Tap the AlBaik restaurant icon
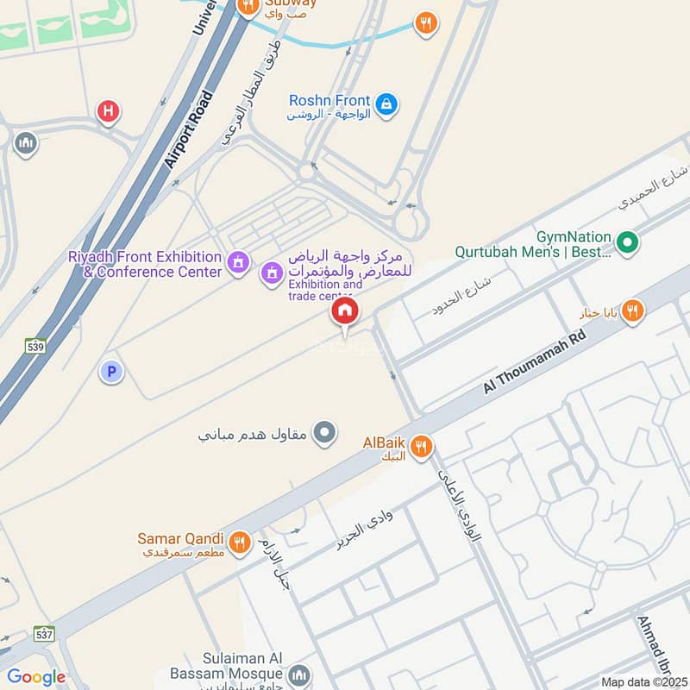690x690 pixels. [x=422, y=446]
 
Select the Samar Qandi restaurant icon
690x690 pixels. [x=240, y=541]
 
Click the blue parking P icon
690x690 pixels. [x=110, y=372]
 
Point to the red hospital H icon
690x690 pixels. [x=108, y=110]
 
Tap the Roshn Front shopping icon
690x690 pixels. [x=387, y=103]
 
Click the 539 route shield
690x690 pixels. [x=35, y=345]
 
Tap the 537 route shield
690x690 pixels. [x=45, y=634]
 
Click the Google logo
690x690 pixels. [x=36, y=677]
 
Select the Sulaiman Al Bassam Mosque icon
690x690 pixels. [x=300, y=674]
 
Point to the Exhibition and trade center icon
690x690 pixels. [x=273, y=273]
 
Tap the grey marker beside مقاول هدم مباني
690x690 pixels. [x=324, y=431]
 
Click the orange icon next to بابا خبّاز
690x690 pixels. [x=632, y=311]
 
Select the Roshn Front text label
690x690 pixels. [x=330, y=101]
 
